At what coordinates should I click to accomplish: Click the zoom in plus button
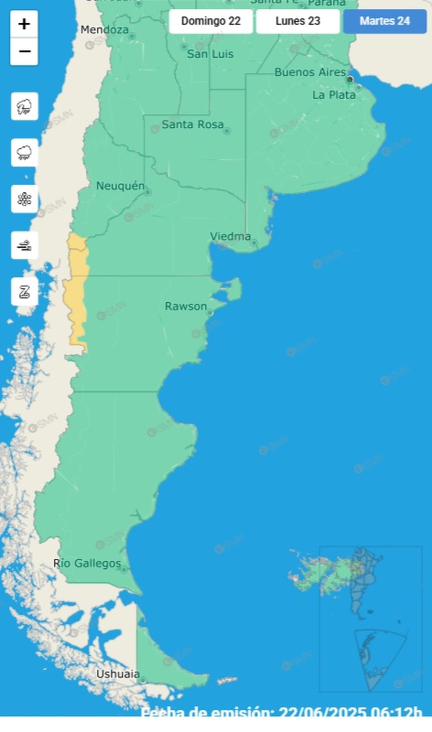pos(24,24)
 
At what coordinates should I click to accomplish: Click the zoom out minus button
pos(24,51)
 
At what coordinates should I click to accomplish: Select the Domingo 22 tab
pos(211,21)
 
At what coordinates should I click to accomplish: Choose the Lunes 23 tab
pos(298,21)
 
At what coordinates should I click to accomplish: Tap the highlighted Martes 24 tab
pos(384,21)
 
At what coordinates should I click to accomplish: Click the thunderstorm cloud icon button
pos(24,107)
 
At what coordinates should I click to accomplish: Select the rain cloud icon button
pos(24,153)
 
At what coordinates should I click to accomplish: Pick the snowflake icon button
pos(24,199)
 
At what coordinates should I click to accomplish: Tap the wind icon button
pos(24,245)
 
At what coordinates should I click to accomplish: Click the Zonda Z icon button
pos(24,292)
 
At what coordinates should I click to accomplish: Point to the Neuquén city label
pos(120,186)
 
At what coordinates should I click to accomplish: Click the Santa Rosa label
pos(193,125)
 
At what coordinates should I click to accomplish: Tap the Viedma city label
pos(230,236)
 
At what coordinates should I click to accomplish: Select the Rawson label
pos(186,306)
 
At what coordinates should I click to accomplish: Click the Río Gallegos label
pos(87,563)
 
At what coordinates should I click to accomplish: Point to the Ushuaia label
pos(118,674)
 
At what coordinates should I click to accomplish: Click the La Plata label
pos(334,95)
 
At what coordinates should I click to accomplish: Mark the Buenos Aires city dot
pos(350,80)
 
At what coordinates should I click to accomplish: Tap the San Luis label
pos(210,54)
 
